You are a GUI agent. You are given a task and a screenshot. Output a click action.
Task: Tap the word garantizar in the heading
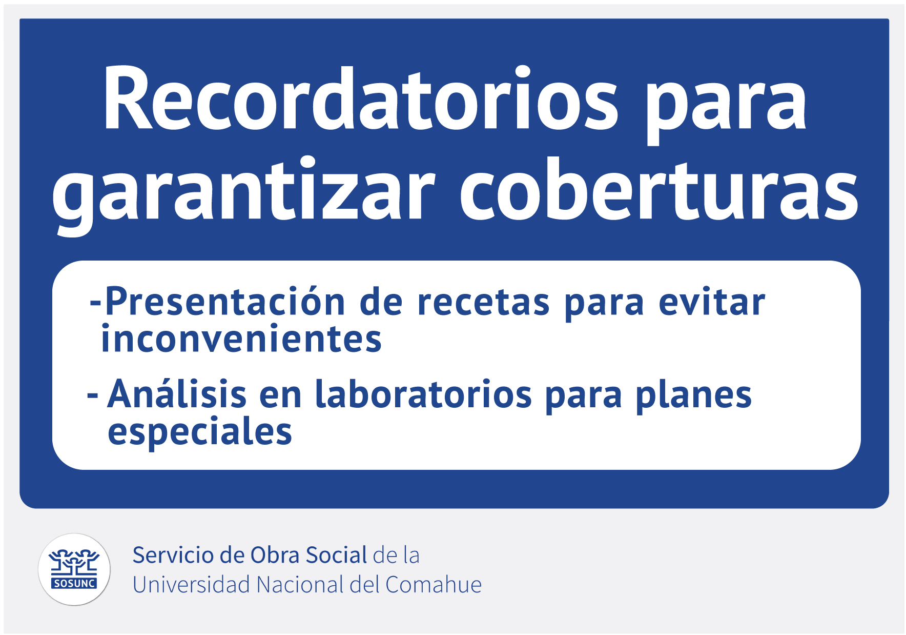click(x=243, y=194)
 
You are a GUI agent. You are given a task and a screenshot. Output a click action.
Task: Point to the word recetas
click(x=483, y=302)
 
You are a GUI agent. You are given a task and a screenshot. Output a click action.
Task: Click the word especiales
click(x=200, y=432)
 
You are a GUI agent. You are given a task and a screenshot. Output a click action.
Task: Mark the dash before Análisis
click(x=93, y=395)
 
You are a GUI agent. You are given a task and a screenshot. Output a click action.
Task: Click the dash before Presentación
click(x=95, y=303)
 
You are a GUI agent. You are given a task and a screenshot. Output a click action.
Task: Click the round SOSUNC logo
click(x=74, y=569)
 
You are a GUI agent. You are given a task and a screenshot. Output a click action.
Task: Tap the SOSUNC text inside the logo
click(x=74, y=584)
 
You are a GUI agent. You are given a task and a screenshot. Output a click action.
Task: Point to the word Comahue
click(x=434, y=585)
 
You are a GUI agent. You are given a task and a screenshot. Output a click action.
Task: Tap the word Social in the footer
click(x=337, y=555)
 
